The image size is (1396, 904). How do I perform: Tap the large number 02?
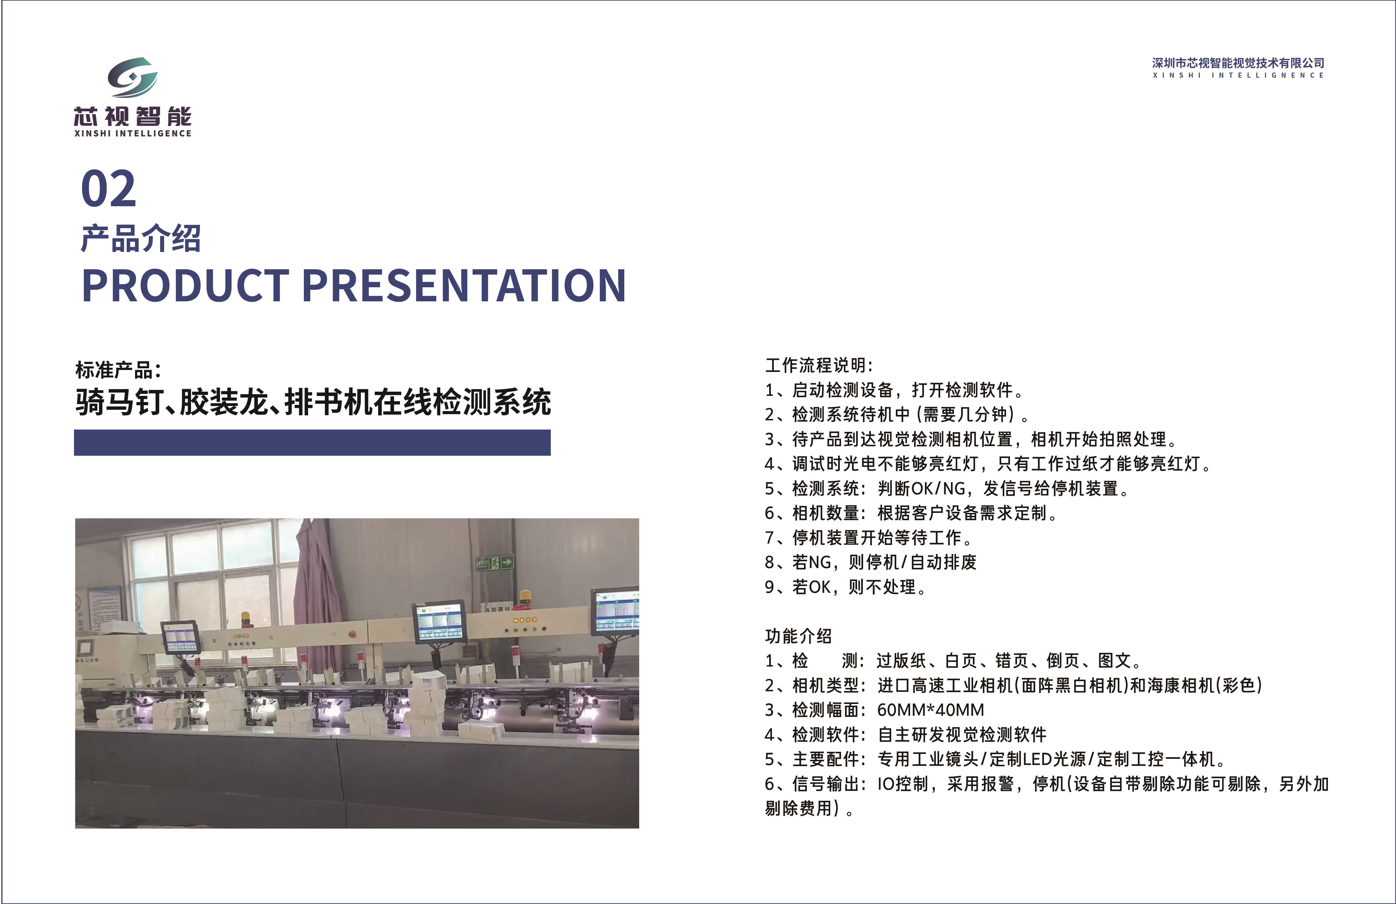109,189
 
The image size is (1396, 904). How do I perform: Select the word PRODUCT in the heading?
185,286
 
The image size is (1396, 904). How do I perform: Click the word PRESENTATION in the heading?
464,286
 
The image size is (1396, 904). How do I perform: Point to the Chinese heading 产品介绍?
141,239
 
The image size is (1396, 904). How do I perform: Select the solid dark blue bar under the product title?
312,442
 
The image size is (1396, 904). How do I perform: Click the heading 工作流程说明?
819,365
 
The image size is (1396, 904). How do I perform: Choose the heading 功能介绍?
798,636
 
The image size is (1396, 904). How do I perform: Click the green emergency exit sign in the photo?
495,563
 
